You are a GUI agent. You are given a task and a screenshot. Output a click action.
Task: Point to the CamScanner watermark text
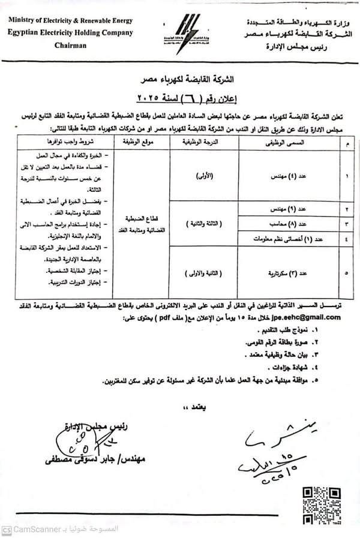[x=40, y=530]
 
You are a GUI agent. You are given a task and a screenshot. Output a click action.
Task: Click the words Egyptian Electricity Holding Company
[x=71, y=32]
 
